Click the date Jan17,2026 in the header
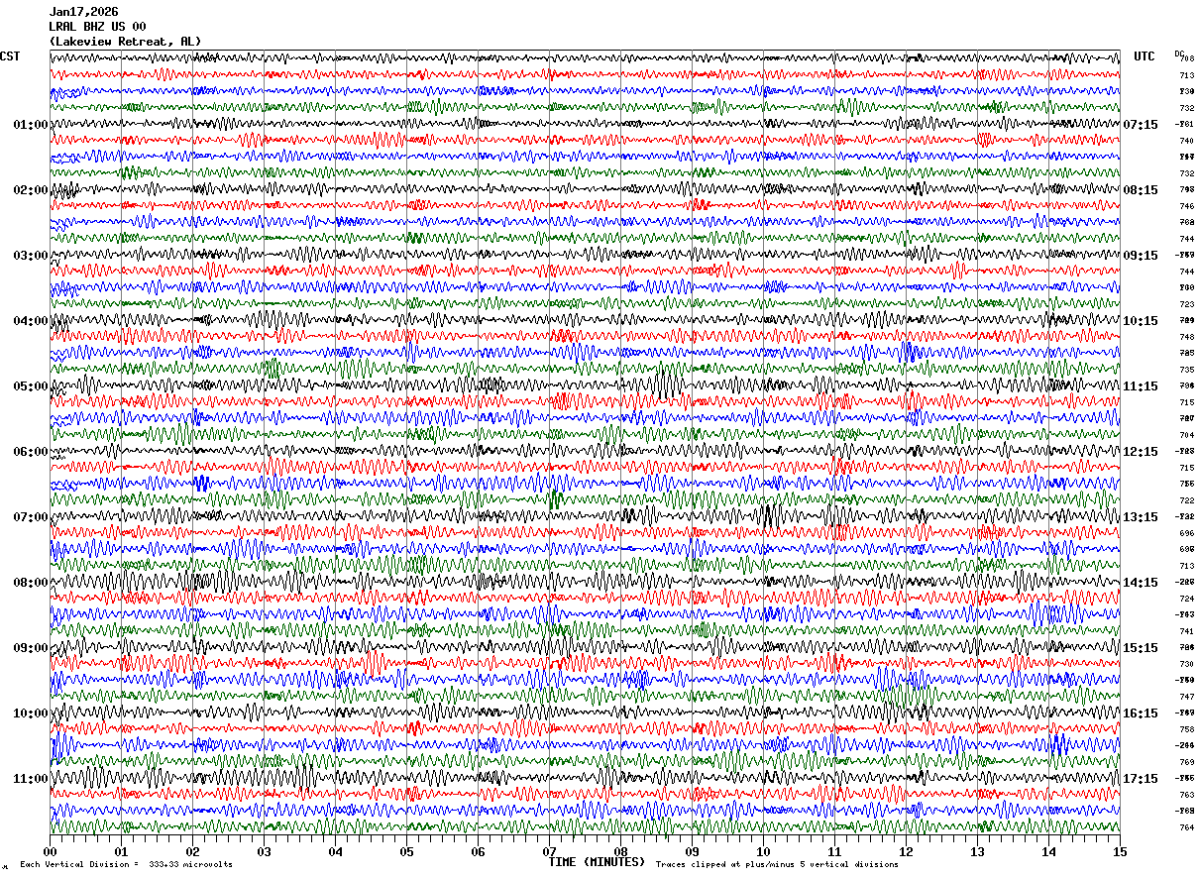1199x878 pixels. click(x=83, y=12)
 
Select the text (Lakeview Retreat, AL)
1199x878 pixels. click(x=125, y=42)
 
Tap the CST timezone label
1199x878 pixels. click(x=10, y=56)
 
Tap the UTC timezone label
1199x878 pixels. click(x=1144, y=56)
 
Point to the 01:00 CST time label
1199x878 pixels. click(x=30, y=125)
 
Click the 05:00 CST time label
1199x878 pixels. click(x=30, y=386)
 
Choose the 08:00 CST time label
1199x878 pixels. click(x=30, y=583)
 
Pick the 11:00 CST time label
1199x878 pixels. click(x=30, y=779)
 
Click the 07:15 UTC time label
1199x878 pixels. click(x=1141, y=125)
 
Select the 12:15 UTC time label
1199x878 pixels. click(x=1141, y=452)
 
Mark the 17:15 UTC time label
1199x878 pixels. click(x=1141, y=779)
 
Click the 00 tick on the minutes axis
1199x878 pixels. click(x=51, y=851)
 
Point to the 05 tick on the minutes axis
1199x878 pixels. click(x=407, y=851)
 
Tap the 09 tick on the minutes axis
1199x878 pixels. click(x=693, y=851)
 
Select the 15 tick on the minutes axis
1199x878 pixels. click(x=1120, y=851)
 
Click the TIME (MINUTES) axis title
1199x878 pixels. click(x=597, y=862)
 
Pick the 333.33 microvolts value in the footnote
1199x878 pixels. click(x=191, y=865)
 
